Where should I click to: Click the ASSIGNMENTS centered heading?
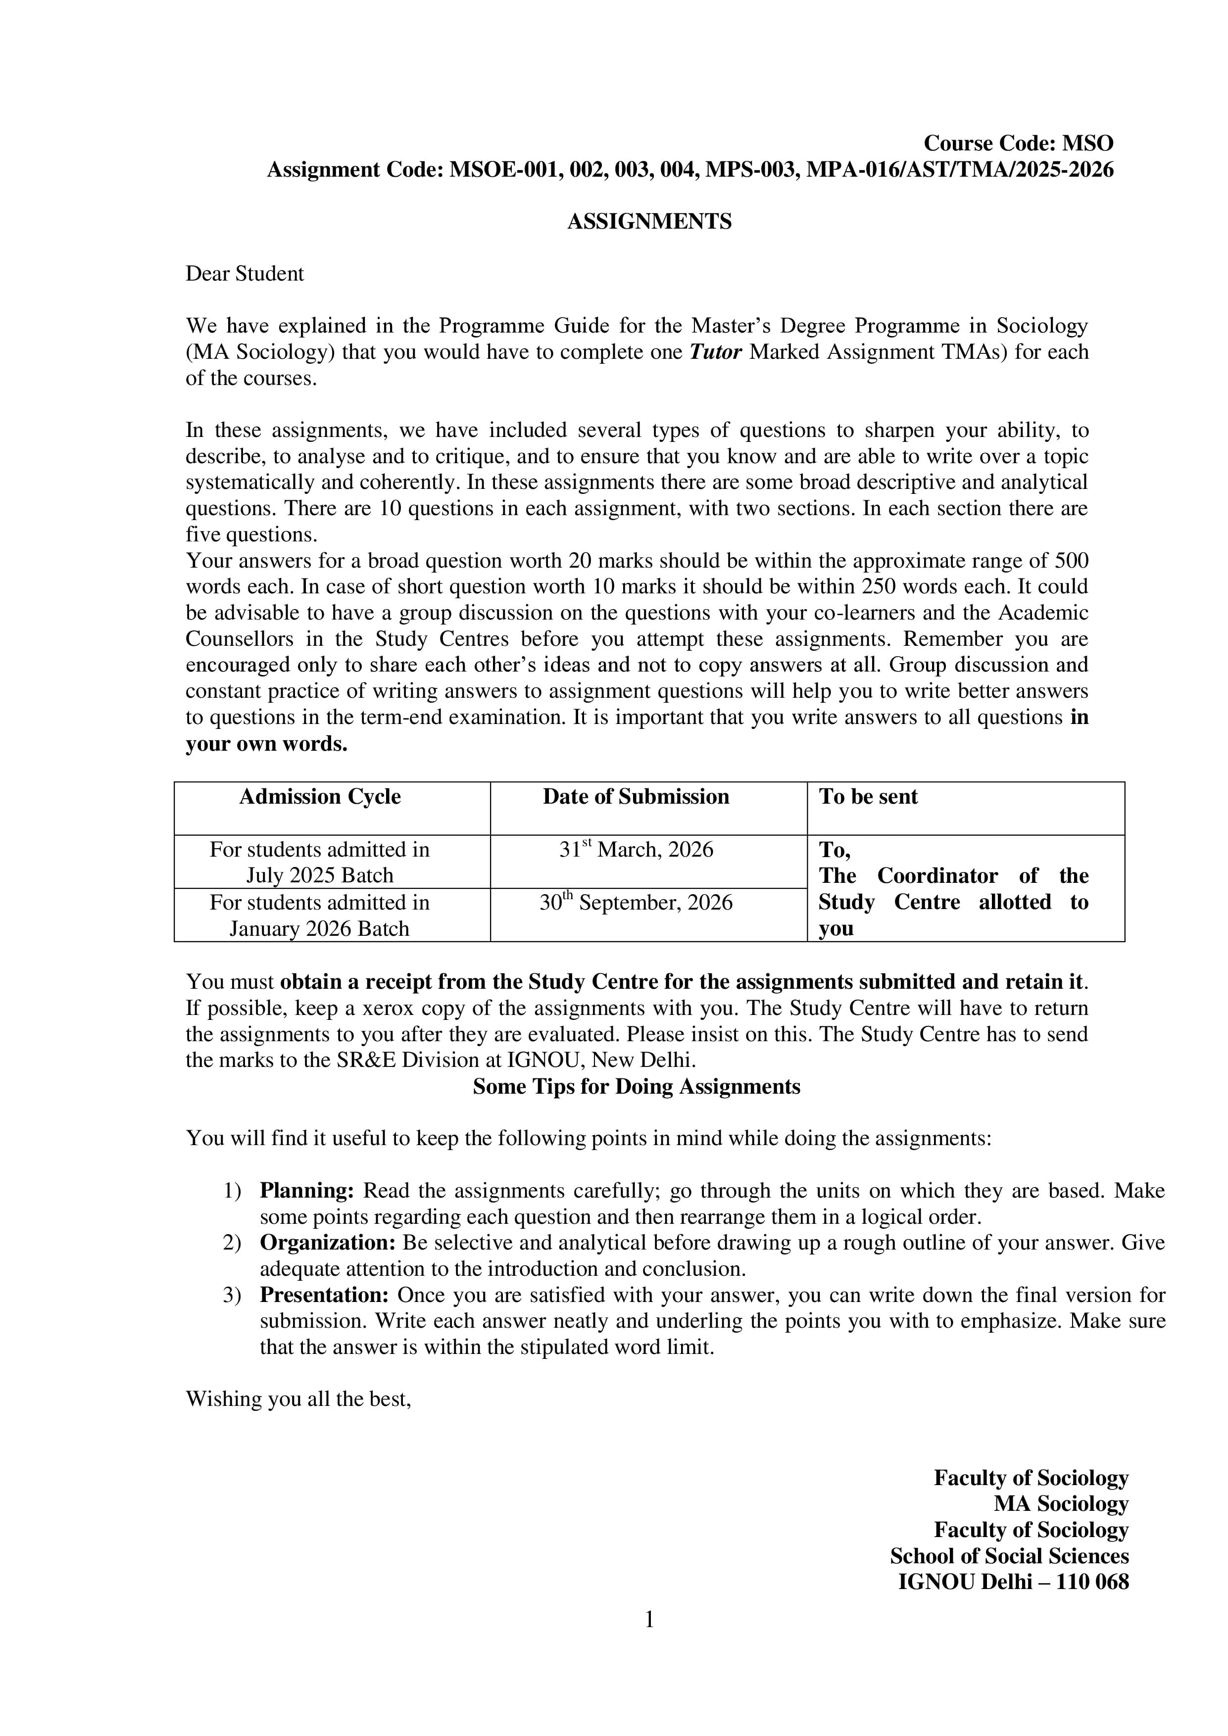pos(649,222)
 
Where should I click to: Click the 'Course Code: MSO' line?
pos(1018,143)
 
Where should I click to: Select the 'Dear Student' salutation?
pos(244,274)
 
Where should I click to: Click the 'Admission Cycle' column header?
pos(319,797)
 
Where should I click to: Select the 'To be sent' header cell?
pos(868,797)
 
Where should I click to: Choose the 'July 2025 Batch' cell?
pos(319,875)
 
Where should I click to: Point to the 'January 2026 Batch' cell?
pos(319,928)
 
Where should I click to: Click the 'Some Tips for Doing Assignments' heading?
pos(636,1087)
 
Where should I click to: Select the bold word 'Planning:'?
pos(307,1191)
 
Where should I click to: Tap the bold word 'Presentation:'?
pos(324,1295)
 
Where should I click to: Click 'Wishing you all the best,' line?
pos(298,1399)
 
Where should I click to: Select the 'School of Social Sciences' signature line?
pos(1009,1556)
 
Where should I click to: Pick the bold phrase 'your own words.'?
pos(266,744)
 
